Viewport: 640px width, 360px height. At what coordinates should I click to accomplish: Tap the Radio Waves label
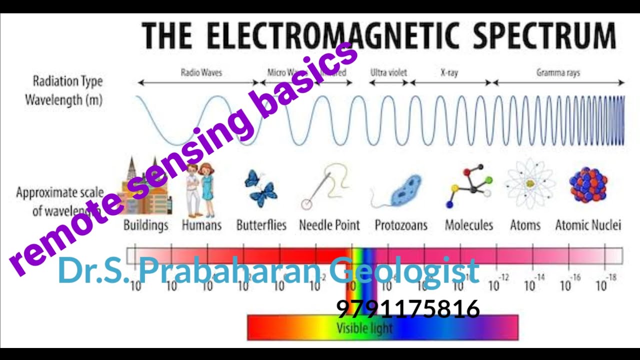tap(201, 72)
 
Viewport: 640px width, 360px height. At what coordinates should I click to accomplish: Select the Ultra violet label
tap(388, 72)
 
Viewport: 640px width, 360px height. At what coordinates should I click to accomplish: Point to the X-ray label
tap(449, 72)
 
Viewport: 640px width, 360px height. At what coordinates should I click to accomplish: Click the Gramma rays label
tap(558, 72)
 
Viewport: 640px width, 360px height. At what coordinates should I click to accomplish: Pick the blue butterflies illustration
tap(261, 188)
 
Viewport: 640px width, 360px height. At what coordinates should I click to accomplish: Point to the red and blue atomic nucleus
tap(588, 185)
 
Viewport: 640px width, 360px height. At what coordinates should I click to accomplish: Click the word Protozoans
tap(401, 225)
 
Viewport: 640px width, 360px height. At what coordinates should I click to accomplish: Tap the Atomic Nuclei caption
tap(588, 225)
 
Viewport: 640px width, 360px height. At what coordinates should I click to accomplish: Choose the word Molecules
tap(469, 225)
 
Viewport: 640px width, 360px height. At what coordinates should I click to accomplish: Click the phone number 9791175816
tap(408, 309)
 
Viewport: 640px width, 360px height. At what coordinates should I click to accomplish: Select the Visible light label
tap(364, 328)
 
